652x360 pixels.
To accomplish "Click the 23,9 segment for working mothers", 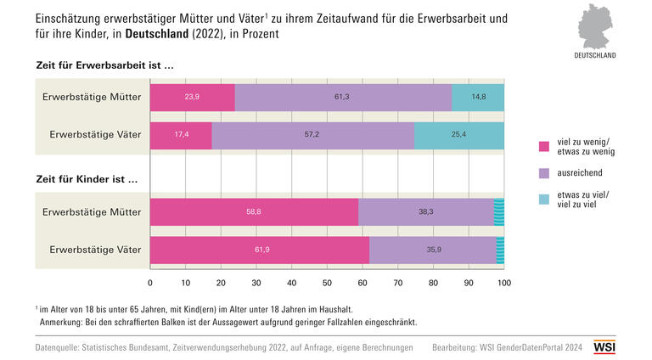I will pos(192,97).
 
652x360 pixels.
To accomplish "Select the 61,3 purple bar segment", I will pos(343,97).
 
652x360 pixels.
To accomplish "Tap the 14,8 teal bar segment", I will pos(478,97).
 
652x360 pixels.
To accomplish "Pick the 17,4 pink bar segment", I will pos(181,135).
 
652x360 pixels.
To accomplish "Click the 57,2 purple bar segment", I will pos(312,135).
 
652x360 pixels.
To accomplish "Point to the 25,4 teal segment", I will pos(459,135).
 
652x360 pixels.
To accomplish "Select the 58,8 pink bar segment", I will pos(254,212).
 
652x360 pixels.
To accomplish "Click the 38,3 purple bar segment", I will pos(425,212).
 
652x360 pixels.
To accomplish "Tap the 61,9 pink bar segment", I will pos(260,250).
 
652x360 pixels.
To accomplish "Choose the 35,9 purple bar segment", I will pos(433,250).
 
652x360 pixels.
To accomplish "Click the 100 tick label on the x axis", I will pos(504,283).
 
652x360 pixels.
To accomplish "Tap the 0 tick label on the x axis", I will pos(150,283).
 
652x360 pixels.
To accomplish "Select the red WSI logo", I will pos(604,347).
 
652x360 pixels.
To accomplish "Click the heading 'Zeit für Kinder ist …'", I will pos(87,180).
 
